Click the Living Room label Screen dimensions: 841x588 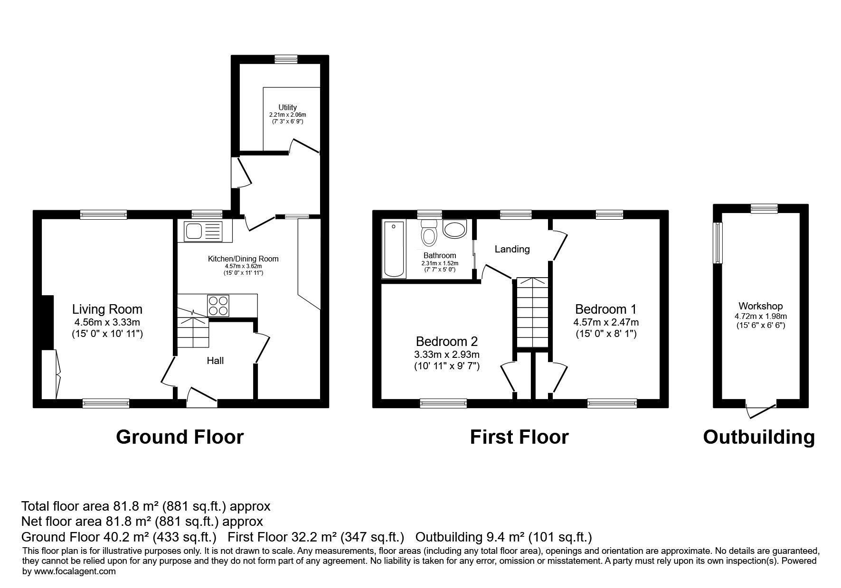tap(107, 309)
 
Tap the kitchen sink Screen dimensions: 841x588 tap(204, 231)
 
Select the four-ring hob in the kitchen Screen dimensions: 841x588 tap(218, 305)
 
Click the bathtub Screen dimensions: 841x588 tap(394, 249)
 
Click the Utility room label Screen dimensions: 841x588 tap(288, 108)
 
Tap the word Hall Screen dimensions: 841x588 tap(215, 361)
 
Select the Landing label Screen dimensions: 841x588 tap(512, 249)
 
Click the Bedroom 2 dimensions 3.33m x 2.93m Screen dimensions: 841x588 tap(447, 355)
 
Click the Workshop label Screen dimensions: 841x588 tap(760, 306)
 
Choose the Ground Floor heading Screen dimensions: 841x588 tap(180, 437)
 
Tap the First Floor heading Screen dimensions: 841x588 tap(519, 437)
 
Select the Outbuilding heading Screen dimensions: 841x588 tap(759, 437)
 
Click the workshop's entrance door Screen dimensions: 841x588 tap(761, 410)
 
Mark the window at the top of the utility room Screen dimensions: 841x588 tap(286, 59)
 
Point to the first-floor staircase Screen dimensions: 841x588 tap(532, 313)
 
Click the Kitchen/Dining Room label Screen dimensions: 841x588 tap(243, 259)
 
